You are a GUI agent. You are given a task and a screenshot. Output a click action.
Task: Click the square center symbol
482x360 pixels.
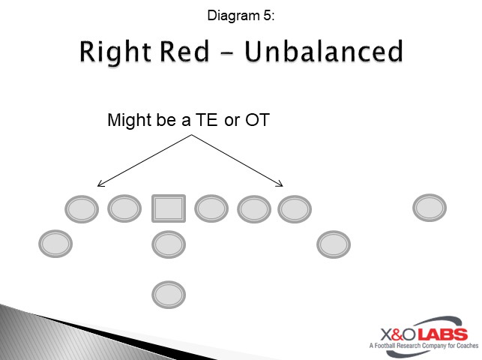169,208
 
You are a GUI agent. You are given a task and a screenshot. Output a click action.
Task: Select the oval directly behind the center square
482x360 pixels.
169,244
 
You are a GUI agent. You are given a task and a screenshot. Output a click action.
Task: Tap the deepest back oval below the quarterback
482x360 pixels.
169,294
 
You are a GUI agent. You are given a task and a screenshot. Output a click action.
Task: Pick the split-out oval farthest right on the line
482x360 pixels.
430,208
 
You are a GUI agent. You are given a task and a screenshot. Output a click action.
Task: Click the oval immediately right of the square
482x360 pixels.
212,208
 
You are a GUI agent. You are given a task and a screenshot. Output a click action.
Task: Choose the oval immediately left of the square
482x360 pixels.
124,208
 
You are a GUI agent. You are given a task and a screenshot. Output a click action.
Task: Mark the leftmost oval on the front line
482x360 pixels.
82,208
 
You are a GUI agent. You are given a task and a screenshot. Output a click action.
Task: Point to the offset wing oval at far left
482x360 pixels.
55,244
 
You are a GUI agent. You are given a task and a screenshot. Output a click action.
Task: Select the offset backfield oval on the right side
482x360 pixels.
334,244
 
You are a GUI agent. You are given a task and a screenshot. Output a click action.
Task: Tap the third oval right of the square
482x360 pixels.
295,208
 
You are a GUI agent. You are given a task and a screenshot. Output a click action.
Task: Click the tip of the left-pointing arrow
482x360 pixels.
99,184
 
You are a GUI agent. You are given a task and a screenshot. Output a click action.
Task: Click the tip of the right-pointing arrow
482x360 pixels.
283,184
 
